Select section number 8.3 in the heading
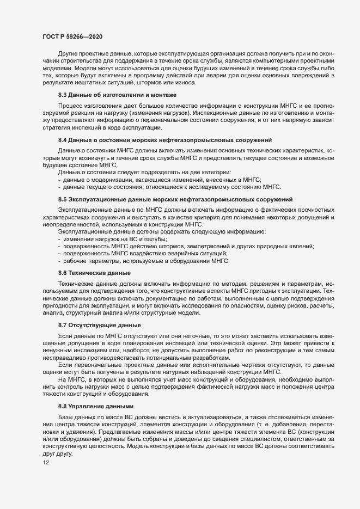(63, 95)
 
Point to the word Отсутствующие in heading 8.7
(89, 324)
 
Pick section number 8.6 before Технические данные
(63, 272)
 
